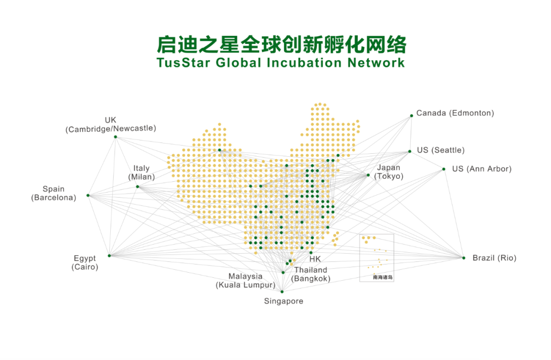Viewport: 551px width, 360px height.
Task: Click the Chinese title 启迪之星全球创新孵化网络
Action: tap(281, 45)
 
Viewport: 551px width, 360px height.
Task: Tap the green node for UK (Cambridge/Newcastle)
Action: tap(115, 137)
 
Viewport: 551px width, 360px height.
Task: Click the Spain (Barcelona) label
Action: tap(54, 193)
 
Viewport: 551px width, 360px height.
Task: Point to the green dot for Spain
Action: tap(88, 196)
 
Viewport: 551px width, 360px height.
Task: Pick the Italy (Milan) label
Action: tap(141, 173)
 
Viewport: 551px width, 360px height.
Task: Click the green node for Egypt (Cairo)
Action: tap(109, 255)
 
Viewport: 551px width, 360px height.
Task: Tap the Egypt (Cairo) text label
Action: tap(85, 262)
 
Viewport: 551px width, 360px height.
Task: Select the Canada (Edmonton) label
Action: tap(455, 113)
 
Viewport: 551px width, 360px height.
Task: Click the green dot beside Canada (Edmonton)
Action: tap(411, 116)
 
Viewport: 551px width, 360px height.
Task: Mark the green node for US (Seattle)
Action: tap(410, 151)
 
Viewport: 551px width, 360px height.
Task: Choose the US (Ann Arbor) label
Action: tap(482, 169)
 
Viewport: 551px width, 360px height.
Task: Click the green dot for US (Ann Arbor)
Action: tap(444, 169)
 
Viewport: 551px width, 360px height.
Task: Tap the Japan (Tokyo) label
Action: tap(389, 172)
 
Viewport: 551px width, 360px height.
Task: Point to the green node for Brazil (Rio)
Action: tap(464, 258)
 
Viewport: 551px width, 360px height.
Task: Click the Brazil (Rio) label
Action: tap(494, 258)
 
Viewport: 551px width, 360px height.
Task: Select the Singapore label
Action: tap(284, 301)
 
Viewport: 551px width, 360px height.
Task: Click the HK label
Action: tap(315, 259)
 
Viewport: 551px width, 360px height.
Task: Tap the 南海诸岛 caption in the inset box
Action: tap(383, 277)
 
